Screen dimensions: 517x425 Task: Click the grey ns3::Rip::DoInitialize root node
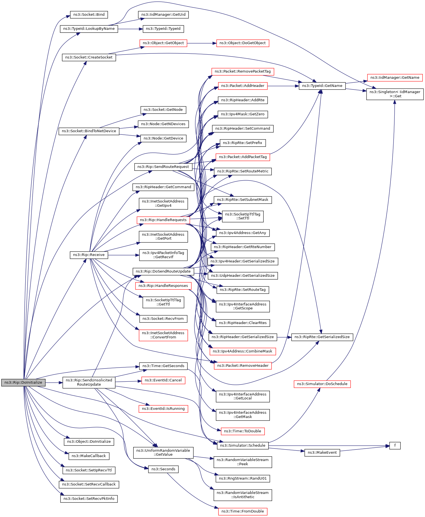point(23,383)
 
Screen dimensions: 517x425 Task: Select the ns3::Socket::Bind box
point(89,15)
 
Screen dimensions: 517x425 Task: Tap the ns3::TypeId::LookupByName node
point(89,29)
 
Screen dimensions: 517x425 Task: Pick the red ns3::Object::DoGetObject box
point(243,43)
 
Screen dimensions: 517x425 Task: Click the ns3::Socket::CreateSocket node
point(89,57)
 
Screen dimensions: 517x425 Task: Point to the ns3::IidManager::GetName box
point(395,78)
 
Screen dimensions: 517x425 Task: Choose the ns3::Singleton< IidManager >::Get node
point(395,94)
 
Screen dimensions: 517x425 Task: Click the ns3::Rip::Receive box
point(89,255)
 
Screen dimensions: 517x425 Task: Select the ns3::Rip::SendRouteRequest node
point(163,167)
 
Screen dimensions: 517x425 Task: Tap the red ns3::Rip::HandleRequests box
point(163,220)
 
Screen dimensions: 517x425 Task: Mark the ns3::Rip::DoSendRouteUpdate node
point(163,271)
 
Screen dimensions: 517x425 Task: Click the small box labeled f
point(395,446)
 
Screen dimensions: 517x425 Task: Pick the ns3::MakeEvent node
point(322,453)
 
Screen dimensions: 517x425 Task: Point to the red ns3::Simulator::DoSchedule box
point(322,384)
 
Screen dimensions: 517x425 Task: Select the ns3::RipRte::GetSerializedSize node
point(322,337)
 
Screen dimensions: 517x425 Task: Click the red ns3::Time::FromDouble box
point(243,511)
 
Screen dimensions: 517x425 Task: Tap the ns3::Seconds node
point(163,469)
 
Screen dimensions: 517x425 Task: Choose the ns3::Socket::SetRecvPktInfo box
point(89,499)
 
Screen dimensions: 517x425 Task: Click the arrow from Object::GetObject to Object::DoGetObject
point(202,43)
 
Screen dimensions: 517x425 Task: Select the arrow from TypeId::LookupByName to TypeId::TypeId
point(131,29)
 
